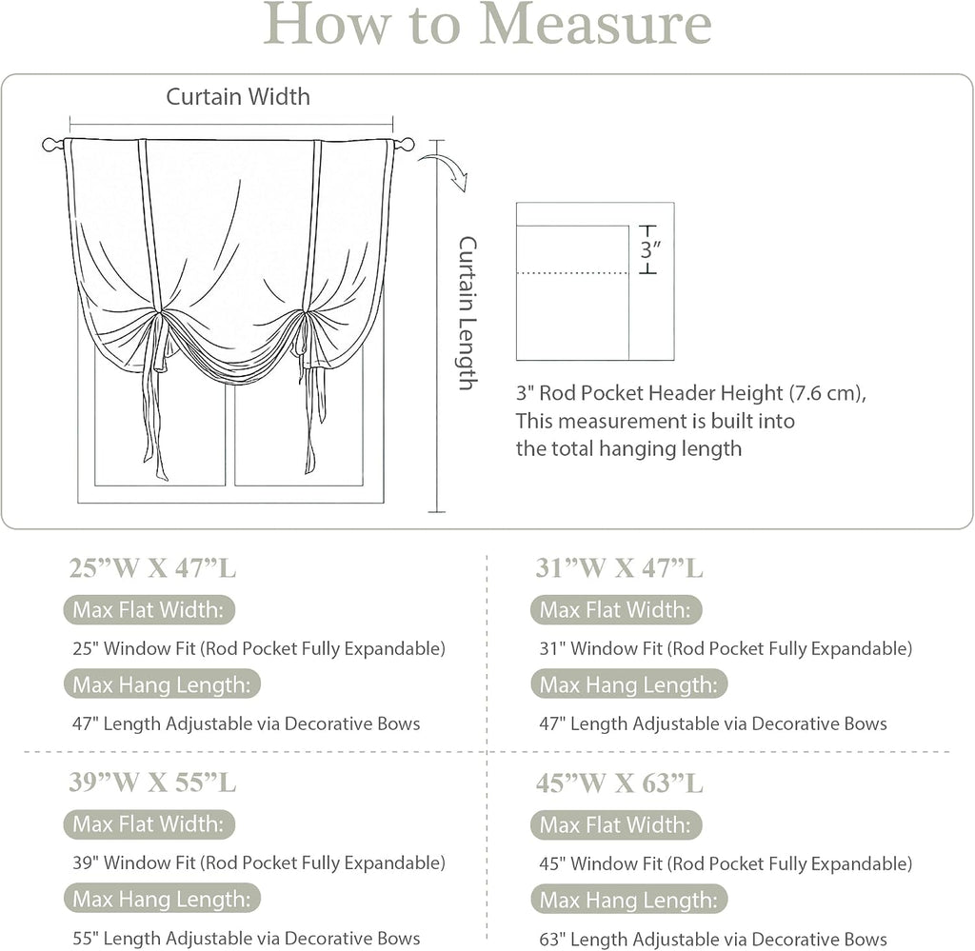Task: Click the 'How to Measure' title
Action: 487,24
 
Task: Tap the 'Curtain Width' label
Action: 238,96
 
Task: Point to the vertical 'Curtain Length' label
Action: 467,312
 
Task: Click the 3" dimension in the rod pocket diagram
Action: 649,249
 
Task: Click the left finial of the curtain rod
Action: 51,145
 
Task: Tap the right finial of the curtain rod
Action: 406,145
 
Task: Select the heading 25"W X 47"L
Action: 153,568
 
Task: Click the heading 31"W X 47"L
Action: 620,568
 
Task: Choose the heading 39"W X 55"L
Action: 153,783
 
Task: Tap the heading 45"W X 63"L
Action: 620,783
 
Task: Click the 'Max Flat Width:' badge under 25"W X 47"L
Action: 149,610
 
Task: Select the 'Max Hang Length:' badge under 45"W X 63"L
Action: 628,900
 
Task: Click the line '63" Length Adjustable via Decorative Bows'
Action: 713,939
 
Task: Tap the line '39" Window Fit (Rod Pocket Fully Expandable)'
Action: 259,862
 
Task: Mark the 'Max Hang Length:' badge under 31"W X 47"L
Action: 628,684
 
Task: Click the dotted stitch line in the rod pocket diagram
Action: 572,273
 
